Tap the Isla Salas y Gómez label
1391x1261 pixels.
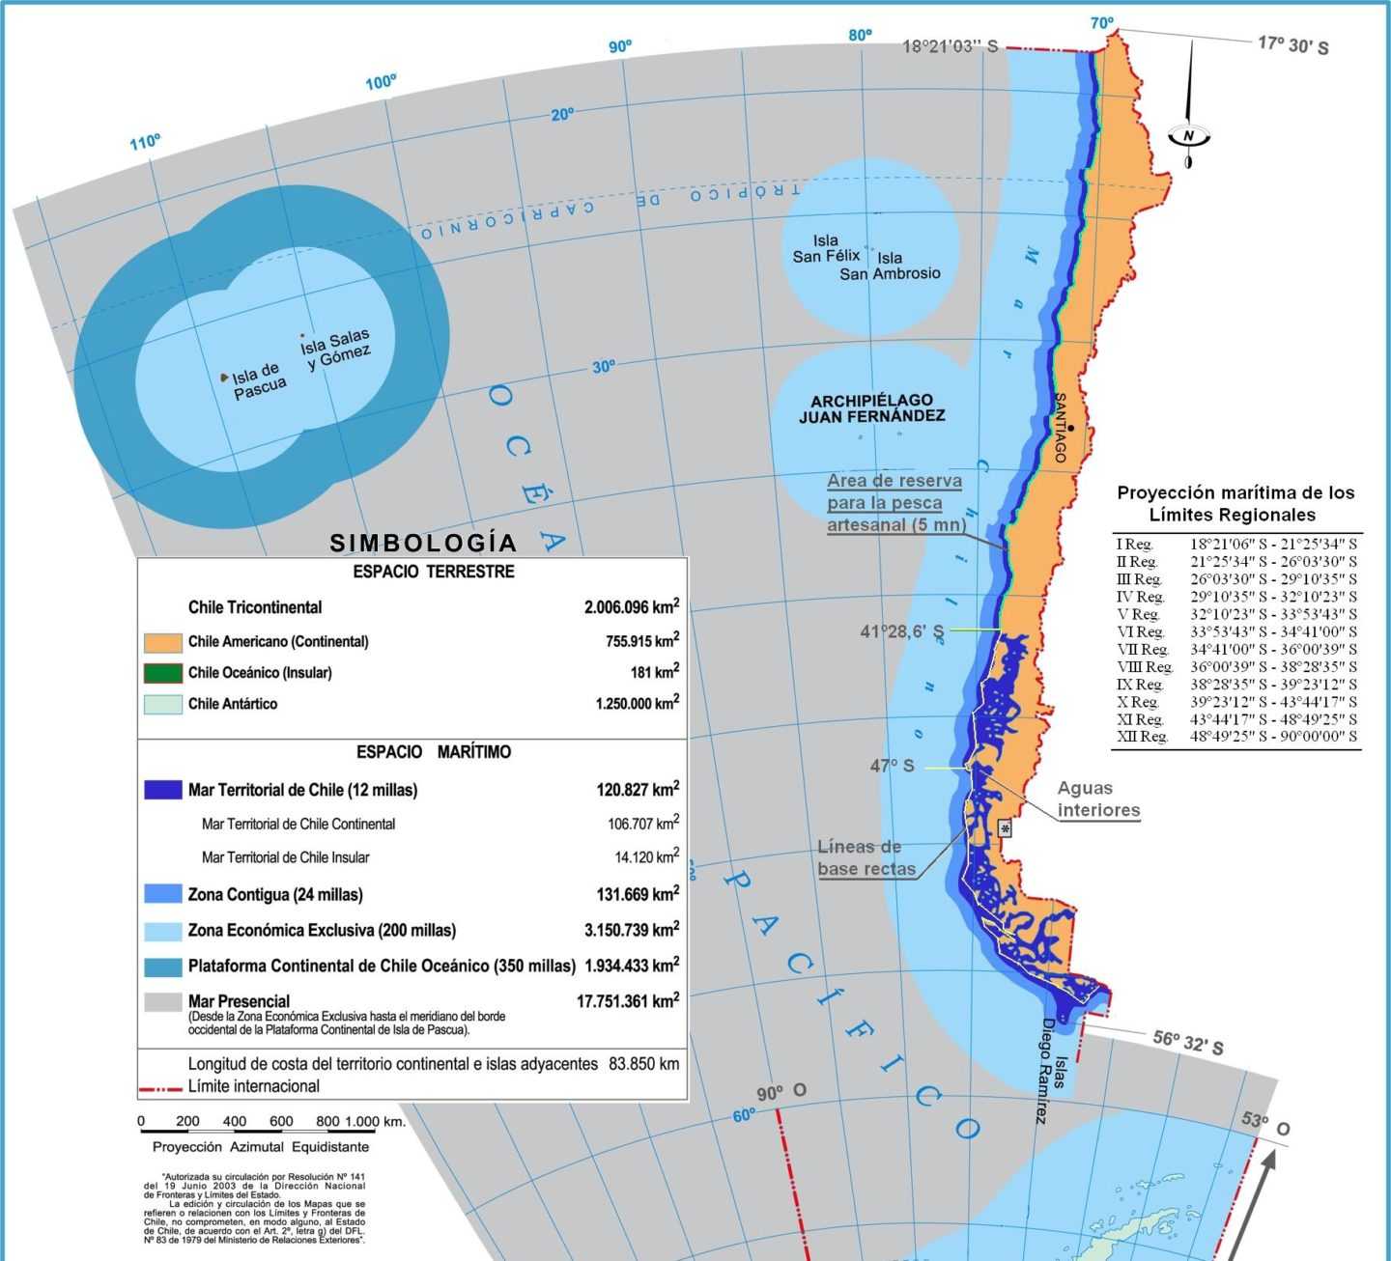click(335, 350)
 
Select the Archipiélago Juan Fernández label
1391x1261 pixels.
click(871, 408)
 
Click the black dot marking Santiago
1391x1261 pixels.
click(1071, 427)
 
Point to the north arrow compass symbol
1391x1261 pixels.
click(1189, 134)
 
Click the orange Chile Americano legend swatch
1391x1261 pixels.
click(162, 642)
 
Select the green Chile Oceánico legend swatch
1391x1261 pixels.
click(162, 673)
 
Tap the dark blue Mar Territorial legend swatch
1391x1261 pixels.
click(162, 790)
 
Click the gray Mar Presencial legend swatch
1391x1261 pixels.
click(162, 1001)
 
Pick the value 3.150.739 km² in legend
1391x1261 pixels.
click(631, 930)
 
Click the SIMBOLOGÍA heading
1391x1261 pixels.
click(423, 543)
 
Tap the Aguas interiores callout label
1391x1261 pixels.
click(1098, 799)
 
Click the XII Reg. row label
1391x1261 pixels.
click(1141, 737)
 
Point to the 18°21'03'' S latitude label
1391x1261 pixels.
click(950, 46)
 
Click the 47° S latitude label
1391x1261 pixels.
click(892, 766)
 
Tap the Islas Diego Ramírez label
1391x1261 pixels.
click(1050, 1072)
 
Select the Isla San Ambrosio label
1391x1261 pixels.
click(890, 266)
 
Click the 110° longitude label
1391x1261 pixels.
click(145, 143)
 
